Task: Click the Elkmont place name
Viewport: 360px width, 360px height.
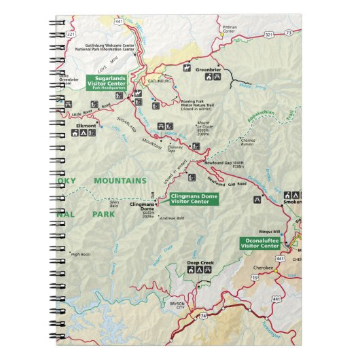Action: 86,125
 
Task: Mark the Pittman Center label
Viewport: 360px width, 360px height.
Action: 229,29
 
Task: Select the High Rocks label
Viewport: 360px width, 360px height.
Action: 81,254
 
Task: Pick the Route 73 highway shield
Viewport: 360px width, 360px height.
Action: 289,32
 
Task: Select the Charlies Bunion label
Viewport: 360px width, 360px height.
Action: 247,142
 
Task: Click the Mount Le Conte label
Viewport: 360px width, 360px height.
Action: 205,127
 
